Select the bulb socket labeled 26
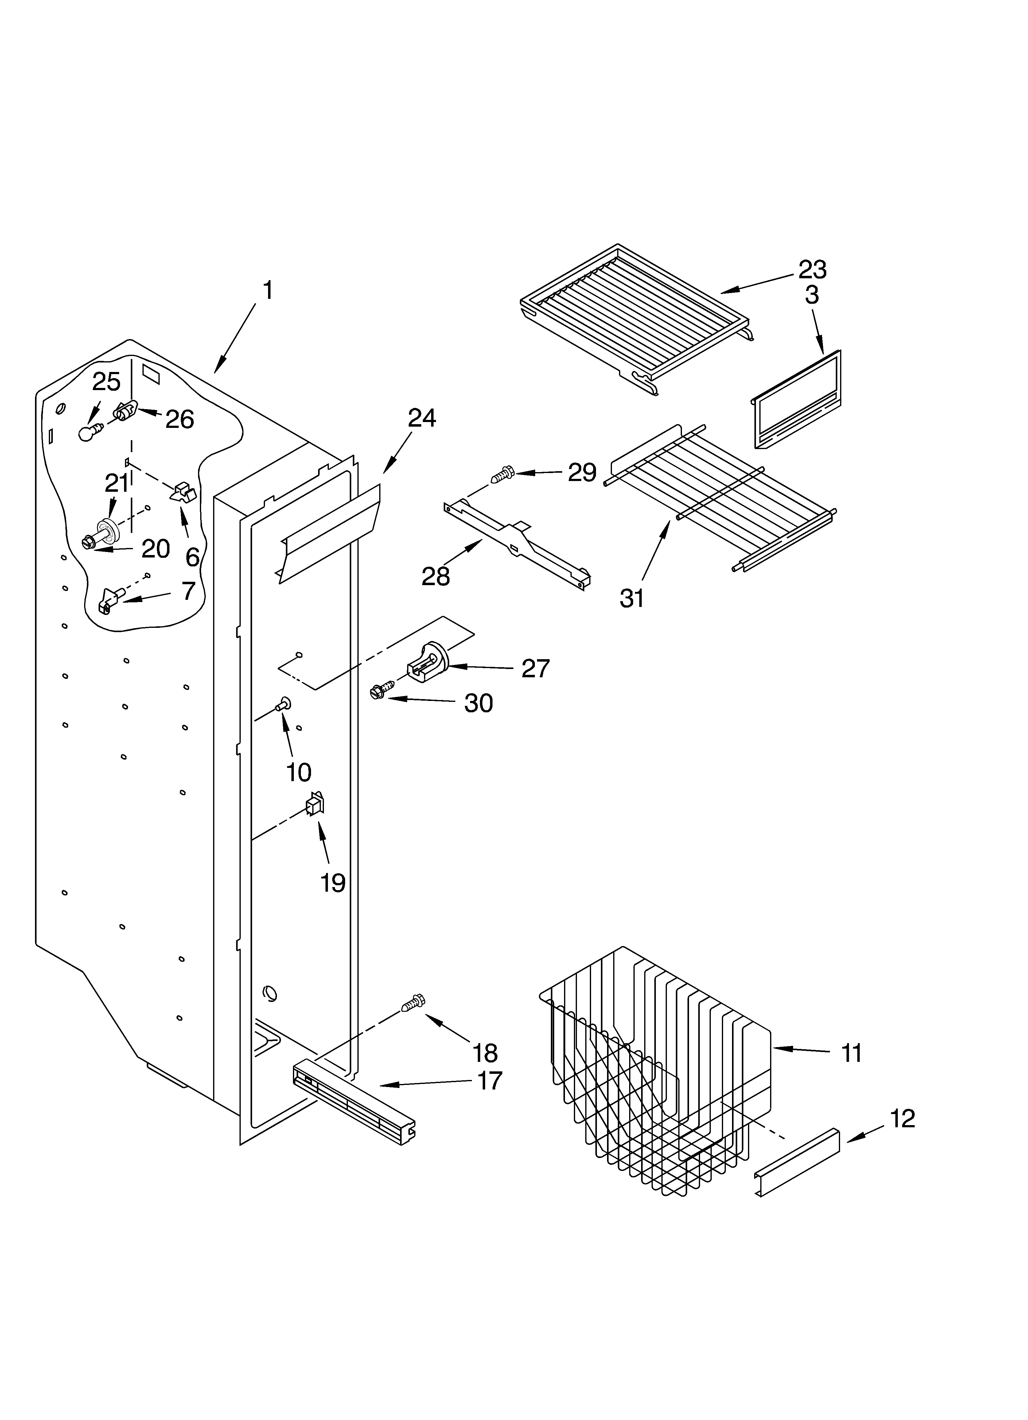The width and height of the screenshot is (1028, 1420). point(125,411)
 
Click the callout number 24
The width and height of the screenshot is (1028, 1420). point(422,418)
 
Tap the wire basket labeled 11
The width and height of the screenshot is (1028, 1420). point(657,1089)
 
